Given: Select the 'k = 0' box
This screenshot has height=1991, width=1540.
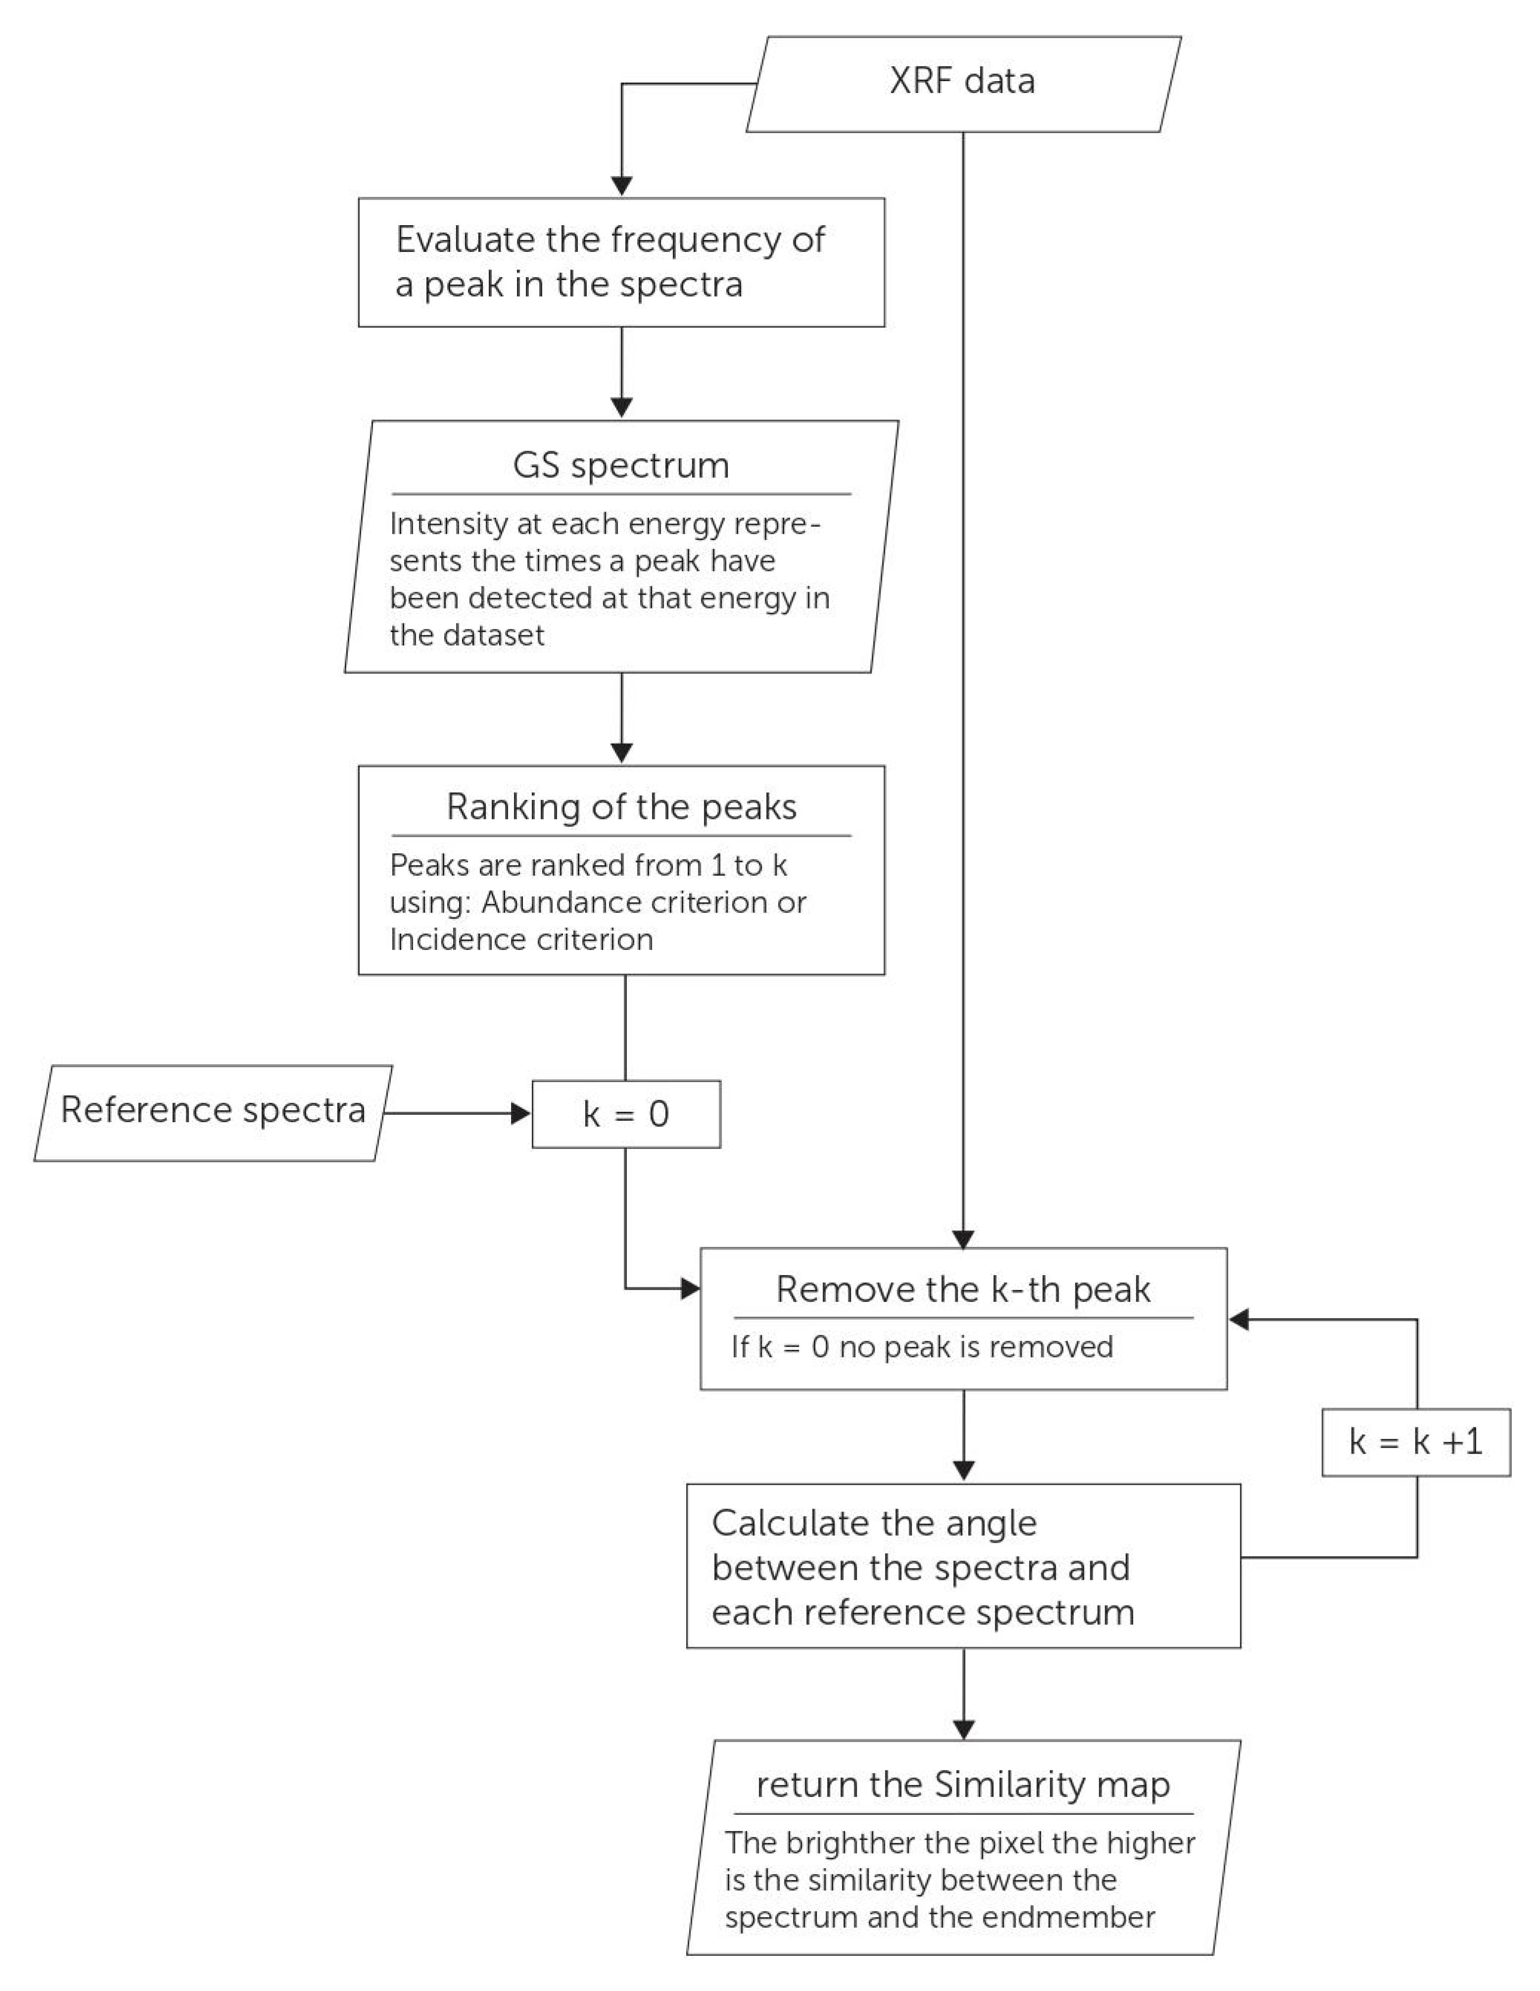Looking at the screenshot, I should pos(626,1114).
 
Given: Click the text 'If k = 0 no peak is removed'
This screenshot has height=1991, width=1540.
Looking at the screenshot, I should pos(921,1347).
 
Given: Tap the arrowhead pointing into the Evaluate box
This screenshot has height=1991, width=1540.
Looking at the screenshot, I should pos(621,186).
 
